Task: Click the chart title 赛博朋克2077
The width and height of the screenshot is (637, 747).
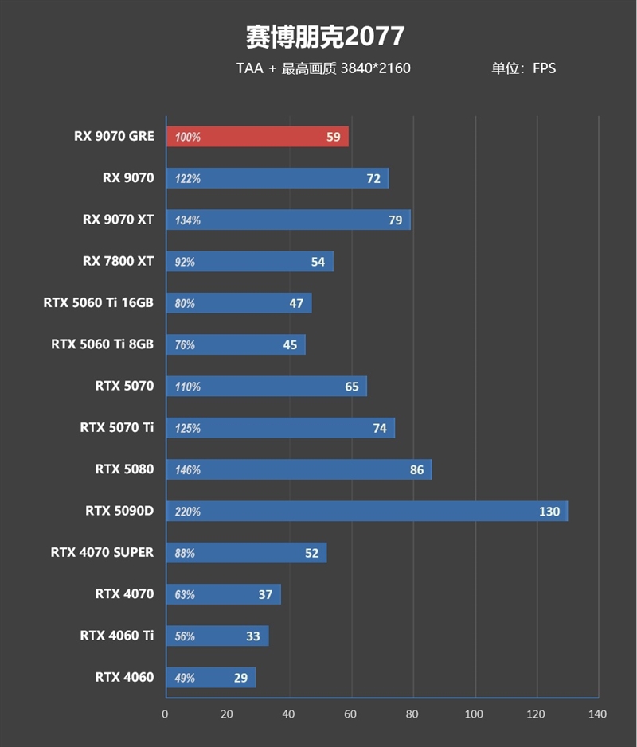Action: point(324,36)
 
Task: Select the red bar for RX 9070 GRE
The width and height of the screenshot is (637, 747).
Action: point(256,137)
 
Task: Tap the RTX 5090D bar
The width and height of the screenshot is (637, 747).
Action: point(366,511)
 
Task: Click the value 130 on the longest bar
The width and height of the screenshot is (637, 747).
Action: point(549,512)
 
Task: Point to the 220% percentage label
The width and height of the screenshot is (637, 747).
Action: point(188,512)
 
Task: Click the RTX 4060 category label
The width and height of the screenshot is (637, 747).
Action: point(124,677)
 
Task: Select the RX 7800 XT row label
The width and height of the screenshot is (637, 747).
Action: point(118,261)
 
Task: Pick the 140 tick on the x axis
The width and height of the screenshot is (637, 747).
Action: point(597,714)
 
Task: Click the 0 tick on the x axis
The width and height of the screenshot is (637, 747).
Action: point(166,714)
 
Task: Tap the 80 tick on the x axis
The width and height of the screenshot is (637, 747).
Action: point(412,714)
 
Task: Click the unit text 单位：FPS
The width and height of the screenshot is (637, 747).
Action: point(523,68)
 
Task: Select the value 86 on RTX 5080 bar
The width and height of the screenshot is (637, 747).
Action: point(416,470)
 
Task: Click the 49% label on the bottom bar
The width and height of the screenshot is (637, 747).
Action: point(186,678)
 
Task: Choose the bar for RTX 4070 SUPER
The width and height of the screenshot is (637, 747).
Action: point(245,553)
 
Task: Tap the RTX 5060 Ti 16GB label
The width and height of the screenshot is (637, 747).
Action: point(99,302)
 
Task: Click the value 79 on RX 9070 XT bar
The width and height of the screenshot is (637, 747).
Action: point(395,220)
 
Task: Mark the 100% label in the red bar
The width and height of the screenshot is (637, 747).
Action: point(188,138)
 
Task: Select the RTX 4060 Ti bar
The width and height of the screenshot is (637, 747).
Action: point(217,636)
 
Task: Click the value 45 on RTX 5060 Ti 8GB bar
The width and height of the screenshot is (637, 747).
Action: point(290,345)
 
